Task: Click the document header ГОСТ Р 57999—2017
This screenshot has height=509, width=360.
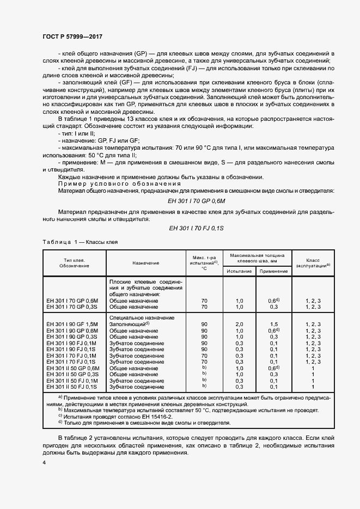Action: coord(72,36)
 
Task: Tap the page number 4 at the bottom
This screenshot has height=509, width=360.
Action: coord(44,462)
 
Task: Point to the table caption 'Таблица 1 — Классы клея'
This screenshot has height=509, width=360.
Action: coord(80,242)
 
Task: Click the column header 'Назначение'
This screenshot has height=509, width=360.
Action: coord(145,263)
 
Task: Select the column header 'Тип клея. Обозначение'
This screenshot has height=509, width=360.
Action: coord(75,263)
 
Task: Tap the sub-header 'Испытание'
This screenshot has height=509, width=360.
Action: coord(239,271)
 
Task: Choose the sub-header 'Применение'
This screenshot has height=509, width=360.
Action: coord(273,271)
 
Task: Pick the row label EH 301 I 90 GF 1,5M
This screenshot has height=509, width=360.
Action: coord(72,324)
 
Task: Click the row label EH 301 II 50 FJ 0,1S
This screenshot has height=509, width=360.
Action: coord(72,387)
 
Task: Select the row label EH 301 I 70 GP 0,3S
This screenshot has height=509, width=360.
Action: coord(72,306)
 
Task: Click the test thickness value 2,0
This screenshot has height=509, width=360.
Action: coord(239,324)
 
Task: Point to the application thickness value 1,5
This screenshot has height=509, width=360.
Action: coord(273,324)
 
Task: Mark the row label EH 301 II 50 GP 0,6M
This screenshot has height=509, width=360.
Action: coord(72,368)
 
